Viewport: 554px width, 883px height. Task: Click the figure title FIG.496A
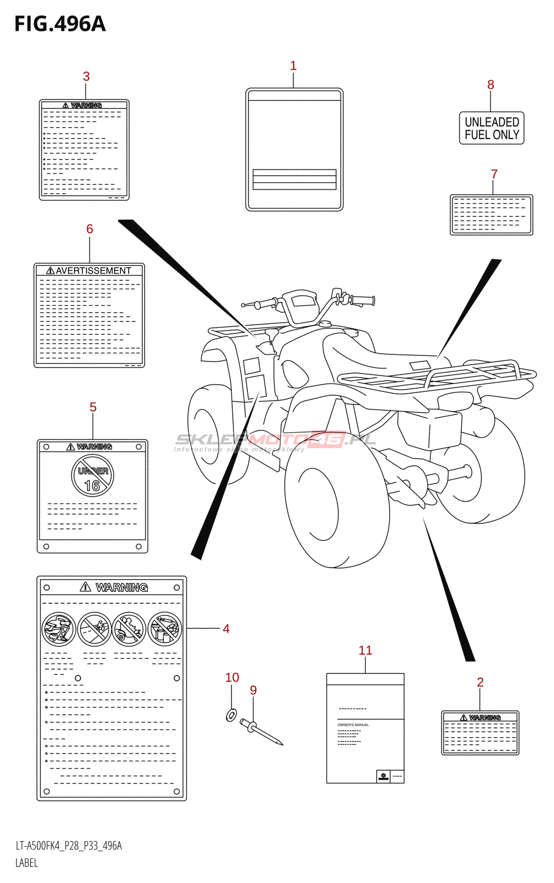pos(60,24)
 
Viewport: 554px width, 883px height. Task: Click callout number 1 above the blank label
pos(294,66)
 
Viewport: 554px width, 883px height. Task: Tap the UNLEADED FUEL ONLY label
pos(492,128)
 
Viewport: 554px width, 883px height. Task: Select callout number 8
pos(491,84)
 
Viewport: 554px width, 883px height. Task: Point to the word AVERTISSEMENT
pos(93,270)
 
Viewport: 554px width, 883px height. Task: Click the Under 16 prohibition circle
pos(93,476)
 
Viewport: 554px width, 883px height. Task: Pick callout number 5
pos(93,407)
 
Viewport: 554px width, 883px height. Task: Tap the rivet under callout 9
pos(262,732)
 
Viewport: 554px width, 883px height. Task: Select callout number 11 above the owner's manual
pos(365,650)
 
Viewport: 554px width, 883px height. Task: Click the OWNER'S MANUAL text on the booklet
pos(353,725)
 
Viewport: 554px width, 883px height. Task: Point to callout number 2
pos(480,682)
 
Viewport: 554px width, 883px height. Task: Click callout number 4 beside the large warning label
pos(226,629)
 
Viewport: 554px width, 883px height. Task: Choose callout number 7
pos(494,174)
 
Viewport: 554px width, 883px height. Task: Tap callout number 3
pos(86,77)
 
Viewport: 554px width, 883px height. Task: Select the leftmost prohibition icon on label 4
pos(58,629)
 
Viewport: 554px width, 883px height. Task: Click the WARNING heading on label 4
pos(121,587)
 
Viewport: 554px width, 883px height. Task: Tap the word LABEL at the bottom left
pos(26,863)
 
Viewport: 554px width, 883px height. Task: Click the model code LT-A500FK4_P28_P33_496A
pos(68,845)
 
